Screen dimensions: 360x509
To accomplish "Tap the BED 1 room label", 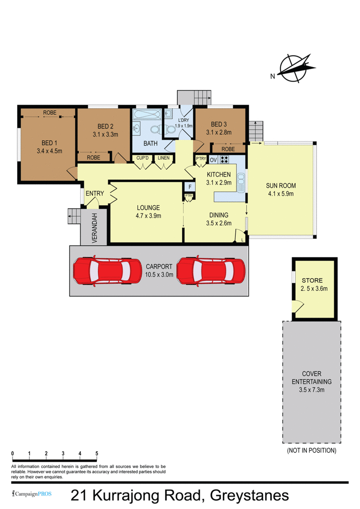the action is pyautogui.click(x=49, y=143).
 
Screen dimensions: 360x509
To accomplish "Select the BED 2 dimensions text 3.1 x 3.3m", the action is pyautogui.click(x=105, y=135).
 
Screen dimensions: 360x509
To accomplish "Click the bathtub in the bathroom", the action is pyautogui.click(x=147, y=115).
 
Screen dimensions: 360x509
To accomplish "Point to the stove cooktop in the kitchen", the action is pyautogui.click(x=224, y=159).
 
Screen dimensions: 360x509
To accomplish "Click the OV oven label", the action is pyautogui.click(x=213, y=160).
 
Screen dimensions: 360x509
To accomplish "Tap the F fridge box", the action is pyautogui.click(x=190, y=187).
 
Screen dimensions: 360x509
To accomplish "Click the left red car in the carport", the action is pyautogui.click(x=108, y=271).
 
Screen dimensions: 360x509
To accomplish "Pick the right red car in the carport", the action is pyautogui.click(x=211, y=271).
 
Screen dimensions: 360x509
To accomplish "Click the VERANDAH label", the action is pyautogui.click(x=94, y=228).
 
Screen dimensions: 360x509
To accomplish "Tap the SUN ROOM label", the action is pyautogui.click(x=281, y=186).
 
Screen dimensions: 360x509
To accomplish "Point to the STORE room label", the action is pyautogui.click(x=312, y=280).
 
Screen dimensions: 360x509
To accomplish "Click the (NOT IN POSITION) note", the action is pyautogui.click(x=312, y=450).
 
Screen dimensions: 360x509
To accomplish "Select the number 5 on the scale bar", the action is pyautogui.click(x=97, y=454).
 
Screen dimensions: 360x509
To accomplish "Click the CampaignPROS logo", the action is pyautogui.click(x=32, y=494).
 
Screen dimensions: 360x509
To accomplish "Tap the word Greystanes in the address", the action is pyautogui.click(x=249, y=495).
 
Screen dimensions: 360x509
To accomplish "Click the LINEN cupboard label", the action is pyautogui.click(x=164, y=158).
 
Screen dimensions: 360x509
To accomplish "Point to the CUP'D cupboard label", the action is pyautogui.click(x=143, y=158).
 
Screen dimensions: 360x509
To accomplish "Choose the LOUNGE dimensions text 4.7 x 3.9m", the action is pyautogui.click(x=148, y=216).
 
